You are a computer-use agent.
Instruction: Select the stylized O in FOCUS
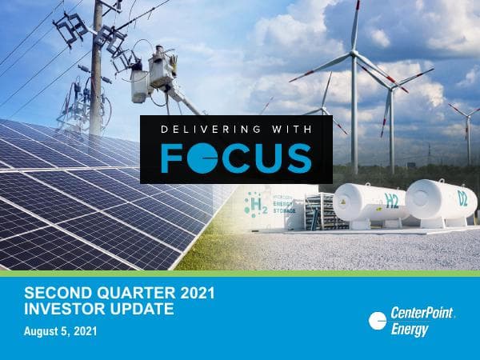[199, 158]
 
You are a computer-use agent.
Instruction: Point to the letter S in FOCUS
[297, 158]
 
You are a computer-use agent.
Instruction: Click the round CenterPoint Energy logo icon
[378, 321]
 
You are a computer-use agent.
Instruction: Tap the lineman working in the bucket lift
[165, 67]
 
